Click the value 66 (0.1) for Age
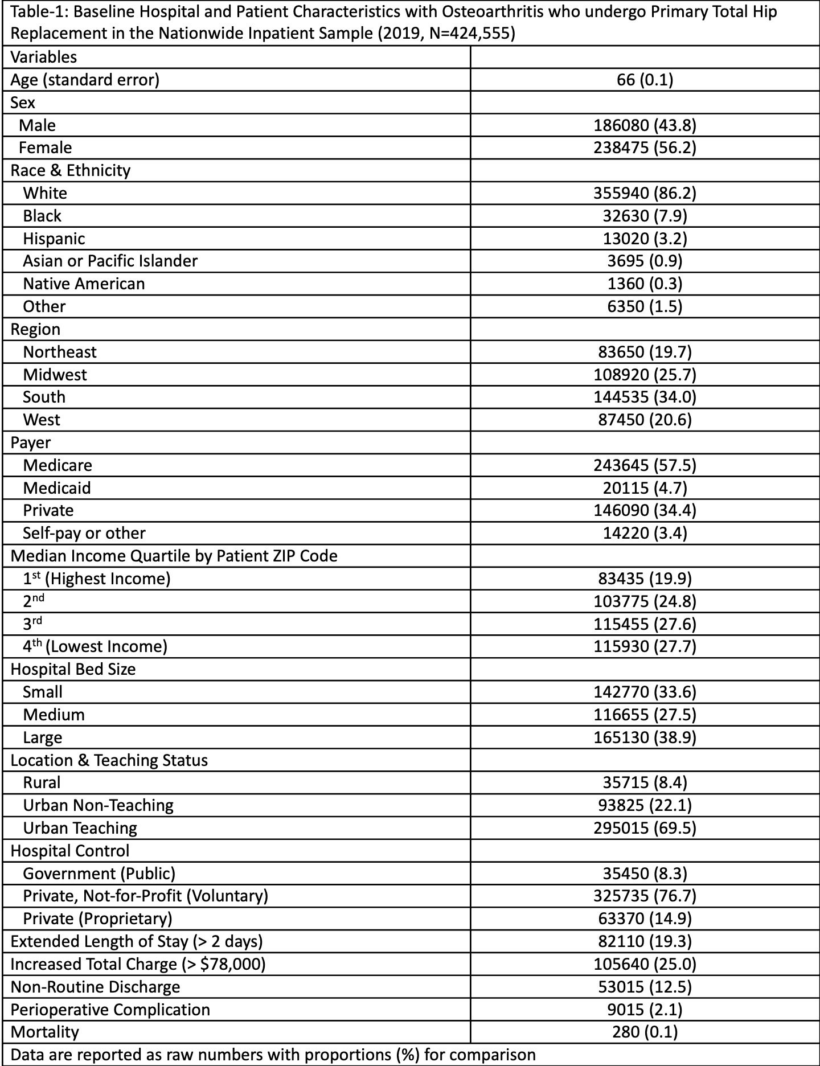tap(645, 80)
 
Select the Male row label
tap(37, 125)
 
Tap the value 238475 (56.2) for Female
tap(645, 148)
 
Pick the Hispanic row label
tap(54, 239)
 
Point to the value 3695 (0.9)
tap(645, 261)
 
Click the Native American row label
tap(84, 284)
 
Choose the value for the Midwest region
tap(645, 375)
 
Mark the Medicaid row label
tap(57, 488)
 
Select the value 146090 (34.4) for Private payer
tap(645, 510)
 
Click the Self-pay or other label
tap(84, 533)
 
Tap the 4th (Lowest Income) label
tap(95, 646)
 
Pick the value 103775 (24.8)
tap(645, 601)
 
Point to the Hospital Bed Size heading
tap(73, 669)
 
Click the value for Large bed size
tap(645, 737)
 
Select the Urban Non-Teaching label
tap(98, 805)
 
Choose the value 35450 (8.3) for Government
tap(645, 873)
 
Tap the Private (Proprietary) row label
tap(97, 919)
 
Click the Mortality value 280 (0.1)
tap(645, 1032)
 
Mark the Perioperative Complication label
tap(110, 1010)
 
